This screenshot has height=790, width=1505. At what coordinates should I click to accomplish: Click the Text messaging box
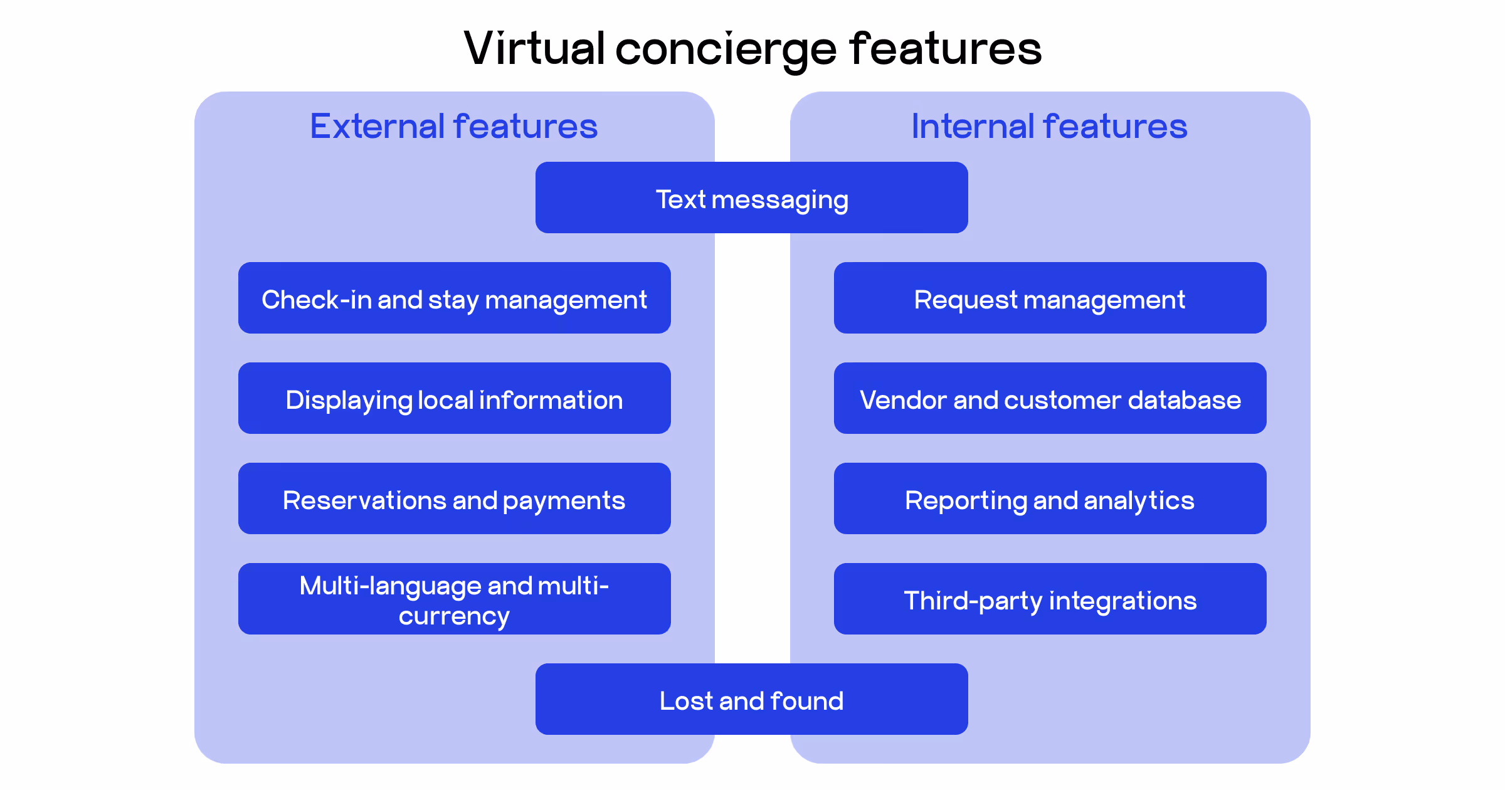[751, 198]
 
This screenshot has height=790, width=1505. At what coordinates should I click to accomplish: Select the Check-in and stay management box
[454, 298]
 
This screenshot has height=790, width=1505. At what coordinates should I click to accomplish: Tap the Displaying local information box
[454, 399]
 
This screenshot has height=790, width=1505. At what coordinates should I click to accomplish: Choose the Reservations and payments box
[454, 499]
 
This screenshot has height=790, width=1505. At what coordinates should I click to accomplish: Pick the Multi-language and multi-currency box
[454, 599]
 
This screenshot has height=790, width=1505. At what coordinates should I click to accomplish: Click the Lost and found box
[751, 700]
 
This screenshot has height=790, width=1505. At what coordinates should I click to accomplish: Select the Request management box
[1050, 298]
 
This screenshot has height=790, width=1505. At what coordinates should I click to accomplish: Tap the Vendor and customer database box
[1050, 399]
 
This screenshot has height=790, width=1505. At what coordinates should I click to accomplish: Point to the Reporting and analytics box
[1050, 499]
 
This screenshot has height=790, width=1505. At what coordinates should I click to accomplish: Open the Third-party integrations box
[1050, 599]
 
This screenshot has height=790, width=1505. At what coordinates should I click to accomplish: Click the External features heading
[453, 126]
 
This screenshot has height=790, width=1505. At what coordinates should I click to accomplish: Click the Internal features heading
[1049, 126]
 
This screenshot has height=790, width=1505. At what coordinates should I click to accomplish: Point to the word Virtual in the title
[534, 48]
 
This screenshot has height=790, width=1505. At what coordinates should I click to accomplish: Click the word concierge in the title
[726, 50]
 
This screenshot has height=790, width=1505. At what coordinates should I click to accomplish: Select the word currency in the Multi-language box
[454, 616]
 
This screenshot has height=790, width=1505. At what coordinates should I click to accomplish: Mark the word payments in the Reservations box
[564, 501]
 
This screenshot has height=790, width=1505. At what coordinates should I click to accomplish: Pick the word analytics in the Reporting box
[1139, 501]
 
